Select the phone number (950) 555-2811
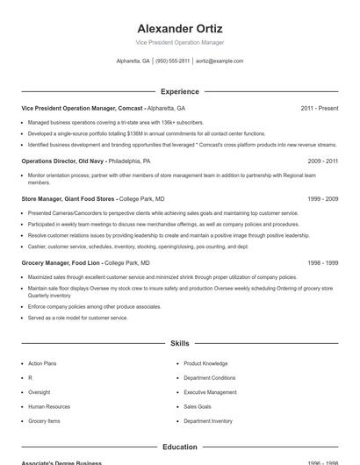point(172,61)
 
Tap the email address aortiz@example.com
point(220,61)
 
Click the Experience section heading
point(180,91)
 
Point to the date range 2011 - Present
point(319,108)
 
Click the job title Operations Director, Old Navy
point(63,161)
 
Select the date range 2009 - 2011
point(323,161)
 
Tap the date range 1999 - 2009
point(323,199)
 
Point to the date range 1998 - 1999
point(323,262)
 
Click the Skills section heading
point(180,343)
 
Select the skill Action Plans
point(42,363)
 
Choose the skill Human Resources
point(49,406)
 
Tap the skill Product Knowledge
point(205,363)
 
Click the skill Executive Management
point(210,392)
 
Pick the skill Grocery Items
point(44,421)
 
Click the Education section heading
point(180,447)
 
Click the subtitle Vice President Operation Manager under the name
point(180,42)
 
